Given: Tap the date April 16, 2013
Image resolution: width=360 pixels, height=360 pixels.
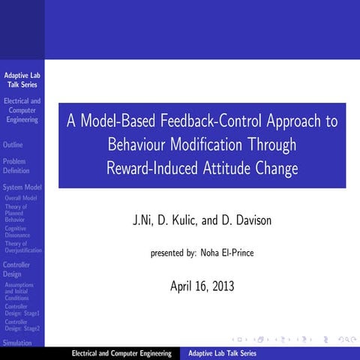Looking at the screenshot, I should click(202, 285).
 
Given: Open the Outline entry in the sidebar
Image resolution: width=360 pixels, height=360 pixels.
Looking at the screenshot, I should click(13, 145).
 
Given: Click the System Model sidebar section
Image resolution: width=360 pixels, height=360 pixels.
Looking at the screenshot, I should click(22, 187).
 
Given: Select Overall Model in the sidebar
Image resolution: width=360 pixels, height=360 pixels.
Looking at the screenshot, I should click(20, 198).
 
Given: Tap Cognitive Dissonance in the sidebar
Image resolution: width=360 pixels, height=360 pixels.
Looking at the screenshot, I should click(17, 232).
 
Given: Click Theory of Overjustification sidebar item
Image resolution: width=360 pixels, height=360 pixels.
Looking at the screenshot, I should click(22, 247).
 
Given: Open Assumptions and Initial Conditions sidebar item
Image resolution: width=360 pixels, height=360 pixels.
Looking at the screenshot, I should click(19, 292).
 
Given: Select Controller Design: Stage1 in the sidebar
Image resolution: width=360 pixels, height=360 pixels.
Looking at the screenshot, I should click(22, 310).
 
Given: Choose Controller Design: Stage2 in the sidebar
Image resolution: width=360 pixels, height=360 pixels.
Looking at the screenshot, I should click(22, 325).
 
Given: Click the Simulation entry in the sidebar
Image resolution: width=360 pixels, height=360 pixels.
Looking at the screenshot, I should click(18, 342).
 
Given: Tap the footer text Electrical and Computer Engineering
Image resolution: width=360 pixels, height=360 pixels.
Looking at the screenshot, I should click(121, 353).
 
